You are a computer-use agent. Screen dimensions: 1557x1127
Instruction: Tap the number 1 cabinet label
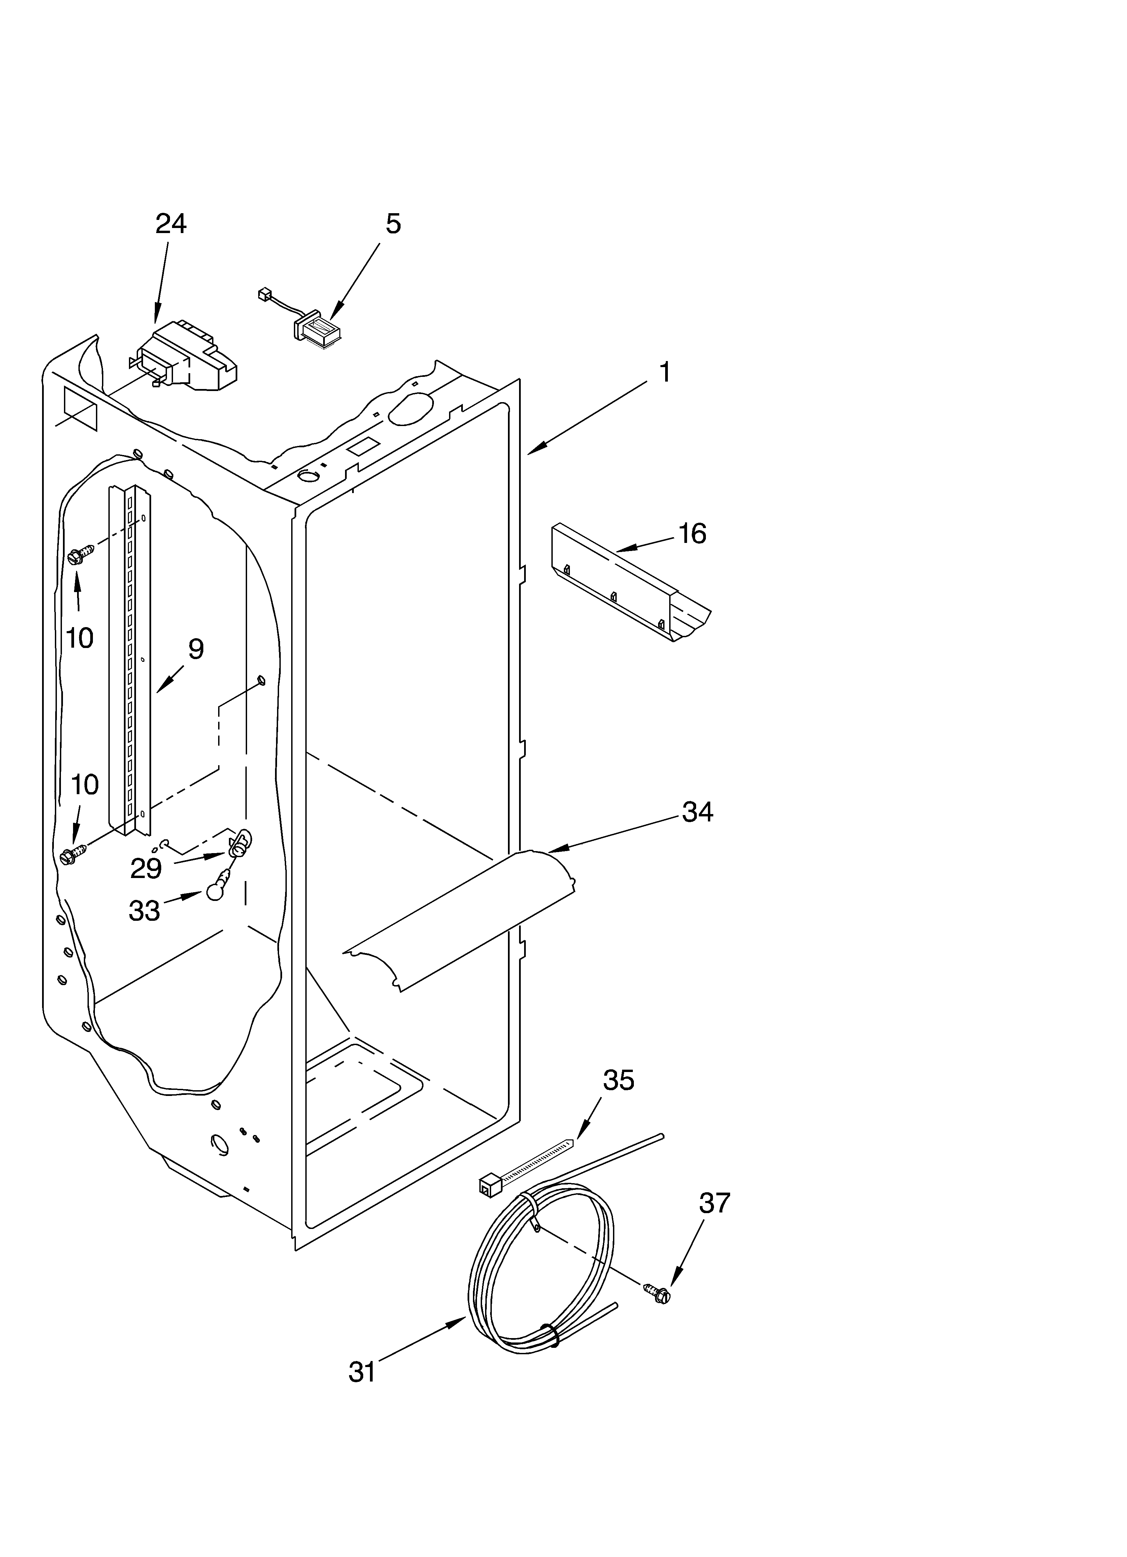pyautogui.click(x=664, y=373)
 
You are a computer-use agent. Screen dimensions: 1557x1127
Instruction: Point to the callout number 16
pyautogui.click(x=692, y=533)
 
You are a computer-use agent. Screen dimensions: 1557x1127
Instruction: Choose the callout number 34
pyautogui.click(x=697, y=812)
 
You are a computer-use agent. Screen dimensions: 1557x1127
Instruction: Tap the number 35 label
pyautogui.click(x=618, y=1080)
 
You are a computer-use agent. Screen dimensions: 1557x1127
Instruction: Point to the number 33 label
pyautogui.click(x=144, y=911)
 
